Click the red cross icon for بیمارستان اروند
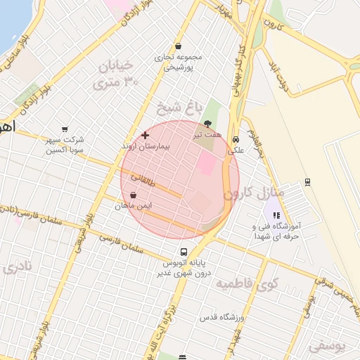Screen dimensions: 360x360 pos(145,134)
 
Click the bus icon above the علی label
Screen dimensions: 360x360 pos(236,139)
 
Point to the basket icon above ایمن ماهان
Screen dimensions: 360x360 pos(134,195)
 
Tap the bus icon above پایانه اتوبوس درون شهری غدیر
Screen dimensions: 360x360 pos(184,252)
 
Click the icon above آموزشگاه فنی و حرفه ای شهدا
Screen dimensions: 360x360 pos(276,216)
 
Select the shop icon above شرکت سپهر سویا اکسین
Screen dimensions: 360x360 pos(65,129)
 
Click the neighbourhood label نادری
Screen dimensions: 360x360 pos(17,267)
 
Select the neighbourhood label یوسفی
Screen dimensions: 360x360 pos(327,345)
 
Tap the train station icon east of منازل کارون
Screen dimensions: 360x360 pos(307,183)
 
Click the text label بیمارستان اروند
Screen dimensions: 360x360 pos(146,146)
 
